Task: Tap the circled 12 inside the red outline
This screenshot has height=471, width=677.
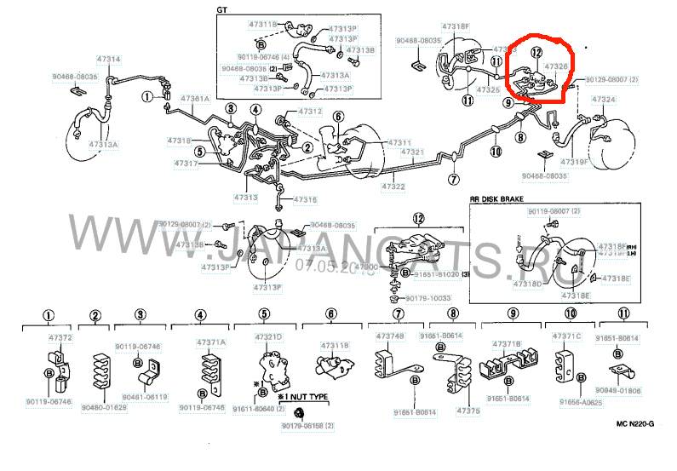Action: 535,52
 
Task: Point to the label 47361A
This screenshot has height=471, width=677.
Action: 194,99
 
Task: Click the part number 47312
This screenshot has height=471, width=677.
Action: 310,112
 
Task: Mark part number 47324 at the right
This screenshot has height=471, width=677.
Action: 603,100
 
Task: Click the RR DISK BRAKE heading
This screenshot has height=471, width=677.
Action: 502,198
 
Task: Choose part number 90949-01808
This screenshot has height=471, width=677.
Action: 618,391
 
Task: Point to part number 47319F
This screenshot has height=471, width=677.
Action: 575,160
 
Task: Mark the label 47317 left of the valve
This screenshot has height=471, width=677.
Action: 186,163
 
